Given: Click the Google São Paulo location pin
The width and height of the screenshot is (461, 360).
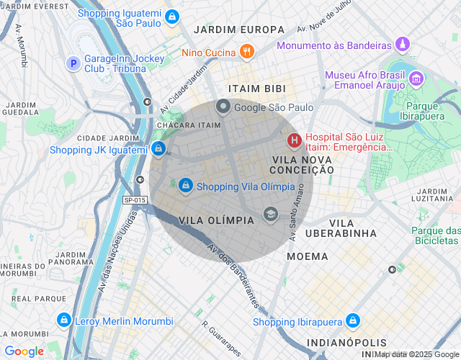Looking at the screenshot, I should coord(223,107).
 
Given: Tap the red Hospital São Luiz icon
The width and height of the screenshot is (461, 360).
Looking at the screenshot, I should coord(294,139).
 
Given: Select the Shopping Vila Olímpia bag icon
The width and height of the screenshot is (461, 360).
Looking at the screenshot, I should coord(186,186).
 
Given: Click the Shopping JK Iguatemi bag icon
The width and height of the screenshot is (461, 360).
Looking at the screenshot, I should coord(158,149).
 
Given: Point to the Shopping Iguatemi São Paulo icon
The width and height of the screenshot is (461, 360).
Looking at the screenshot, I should coord(171,17).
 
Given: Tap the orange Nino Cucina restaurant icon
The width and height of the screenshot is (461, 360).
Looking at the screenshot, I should coord(247,51).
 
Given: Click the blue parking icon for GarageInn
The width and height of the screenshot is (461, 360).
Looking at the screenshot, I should coord(72,63).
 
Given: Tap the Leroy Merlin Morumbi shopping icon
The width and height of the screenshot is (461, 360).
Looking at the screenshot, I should coord(63,320).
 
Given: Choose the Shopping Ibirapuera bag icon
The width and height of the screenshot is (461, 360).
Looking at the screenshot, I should coord(352,320).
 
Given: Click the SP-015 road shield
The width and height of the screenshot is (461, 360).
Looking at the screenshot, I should coord(135,200).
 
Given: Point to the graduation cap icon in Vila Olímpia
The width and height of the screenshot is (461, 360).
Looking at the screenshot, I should coord(270,213).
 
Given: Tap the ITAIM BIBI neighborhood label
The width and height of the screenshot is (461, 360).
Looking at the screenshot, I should coord(256,88).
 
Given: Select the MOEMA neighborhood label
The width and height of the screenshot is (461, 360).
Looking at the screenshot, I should coord(307,256).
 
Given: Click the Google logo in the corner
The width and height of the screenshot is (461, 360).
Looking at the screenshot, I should coord(24,351).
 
